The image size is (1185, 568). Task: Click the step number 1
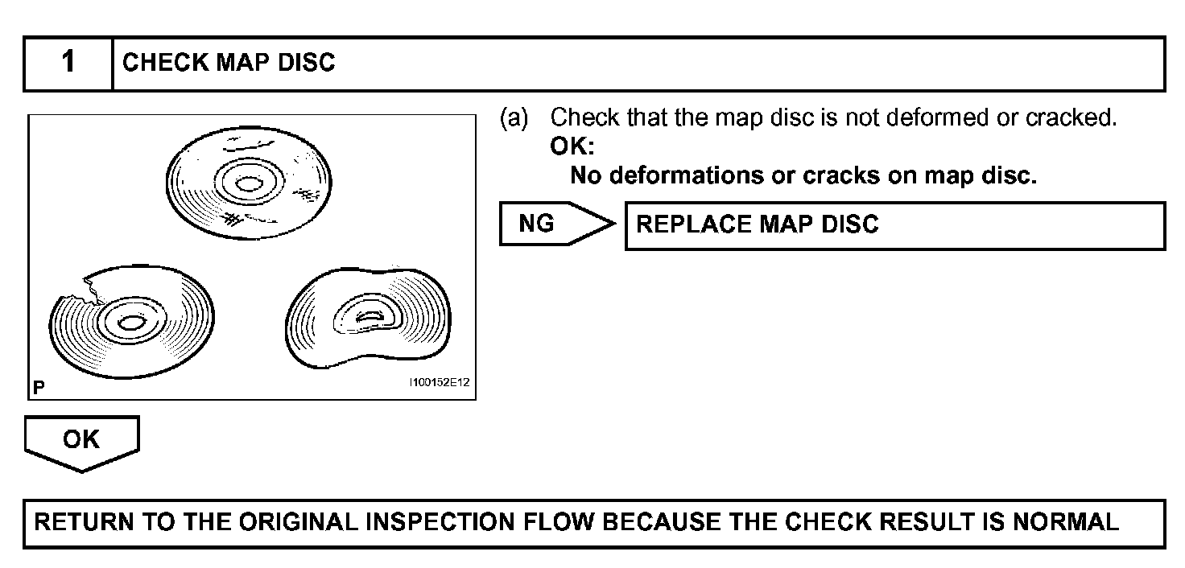[68, 63]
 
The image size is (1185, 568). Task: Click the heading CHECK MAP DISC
[229, 64]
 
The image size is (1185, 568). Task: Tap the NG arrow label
[538, 224]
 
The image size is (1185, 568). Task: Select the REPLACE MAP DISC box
[894, 225]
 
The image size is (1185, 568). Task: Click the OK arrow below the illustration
[82, 441]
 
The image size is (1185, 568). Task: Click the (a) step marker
[514, 118]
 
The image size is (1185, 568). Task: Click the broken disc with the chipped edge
[133, 322]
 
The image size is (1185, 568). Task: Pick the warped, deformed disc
[368, 319]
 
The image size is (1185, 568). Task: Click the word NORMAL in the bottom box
[1065, 523]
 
